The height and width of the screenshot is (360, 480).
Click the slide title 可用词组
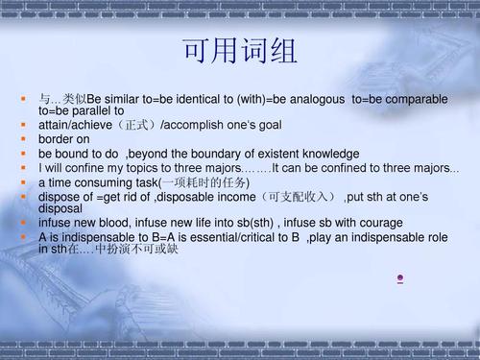point(240,51)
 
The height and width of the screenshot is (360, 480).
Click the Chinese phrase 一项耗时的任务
point(201,182)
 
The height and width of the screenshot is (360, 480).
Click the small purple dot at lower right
point(398,278)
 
